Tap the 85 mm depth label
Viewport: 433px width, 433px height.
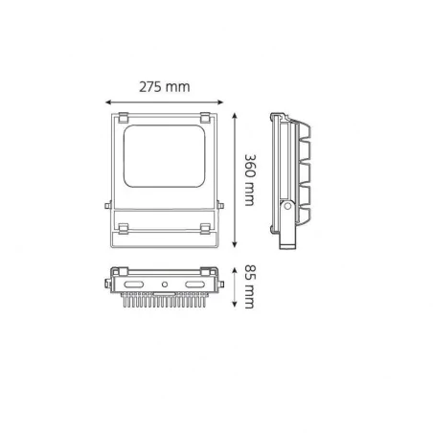coord(250,287)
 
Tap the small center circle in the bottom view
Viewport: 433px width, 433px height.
coord(166,285)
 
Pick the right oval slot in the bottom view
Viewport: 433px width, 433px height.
coord(195,285)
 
